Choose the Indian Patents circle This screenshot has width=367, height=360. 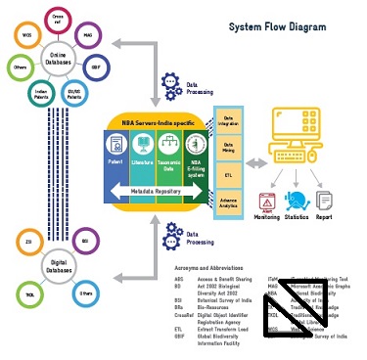point(39,97)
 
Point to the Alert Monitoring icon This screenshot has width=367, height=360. point(264,201)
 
